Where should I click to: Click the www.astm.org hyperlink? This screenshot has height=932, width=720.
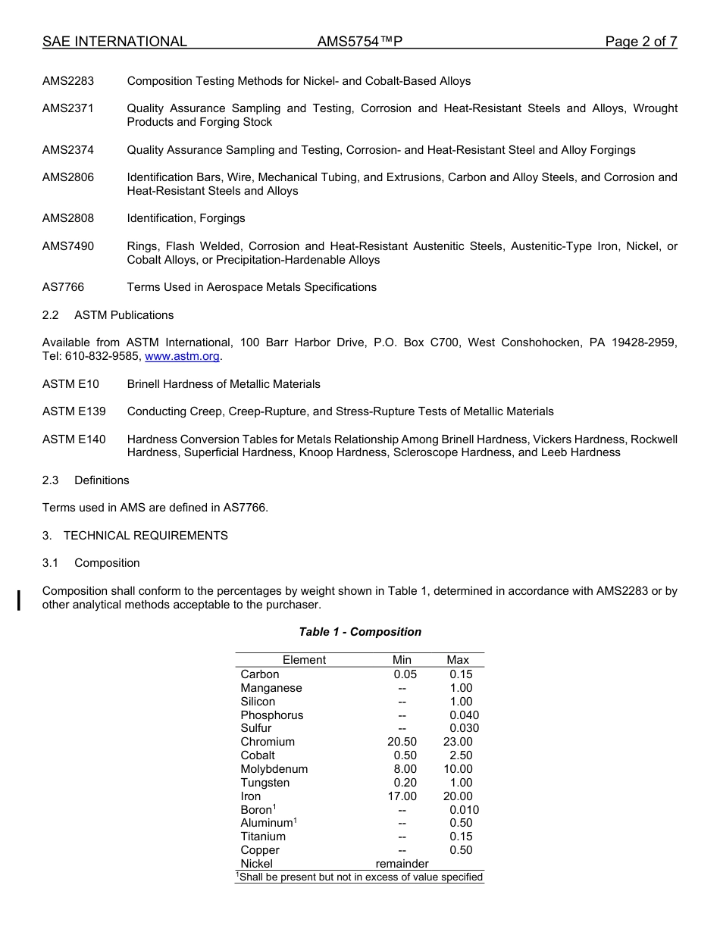point(182,356)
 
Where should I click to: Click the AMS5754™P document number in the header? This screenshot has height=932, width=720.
point(359,42)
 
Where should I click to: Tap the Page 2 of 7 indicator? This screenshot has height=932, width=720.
point(640,42)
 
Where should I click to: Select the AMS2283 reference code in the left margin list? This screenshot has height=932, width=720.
point(68,81)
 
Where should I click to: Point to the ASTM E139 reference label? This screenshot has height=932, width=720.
point(74,411)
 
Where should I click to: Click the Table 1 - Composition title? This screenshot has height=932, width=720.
point(360,632)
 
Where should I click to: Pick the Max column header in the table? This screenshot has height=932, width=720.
point(458,660)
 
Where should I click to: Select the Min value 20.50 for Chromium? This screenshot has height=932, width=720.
point(402,742)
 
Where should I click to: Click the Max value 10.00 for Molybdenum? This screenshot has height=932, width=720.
point(458,769)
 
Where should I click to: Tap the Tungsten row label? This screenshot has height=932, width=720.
point(265,783)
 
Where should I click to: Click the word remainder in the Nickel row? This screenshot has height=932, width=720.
point(402,864)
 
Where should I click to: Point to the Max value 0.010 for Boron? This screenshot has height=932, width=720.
point(464,810)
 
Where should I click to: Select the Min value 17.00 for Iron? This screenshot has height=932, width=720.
point(402,796)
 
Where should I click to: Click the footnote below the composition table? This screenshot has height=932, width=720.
point(359,877)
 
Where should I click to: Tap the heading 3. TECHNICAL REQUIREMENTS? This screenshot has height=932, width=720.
point(135,536)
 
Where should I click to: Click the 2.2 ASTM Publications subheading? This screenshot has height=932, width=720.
point(108,315)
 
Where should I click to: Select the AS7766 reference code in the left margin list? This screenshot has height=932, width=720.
point(64,287)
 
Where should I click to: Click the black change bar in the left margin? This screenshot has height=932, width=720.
point(18,598)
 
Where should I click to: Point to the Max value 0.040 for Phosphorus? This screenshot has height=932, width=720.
point(464,715)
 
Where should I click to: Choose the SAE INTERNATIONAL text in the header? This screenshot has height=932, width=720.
point(114,42)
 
